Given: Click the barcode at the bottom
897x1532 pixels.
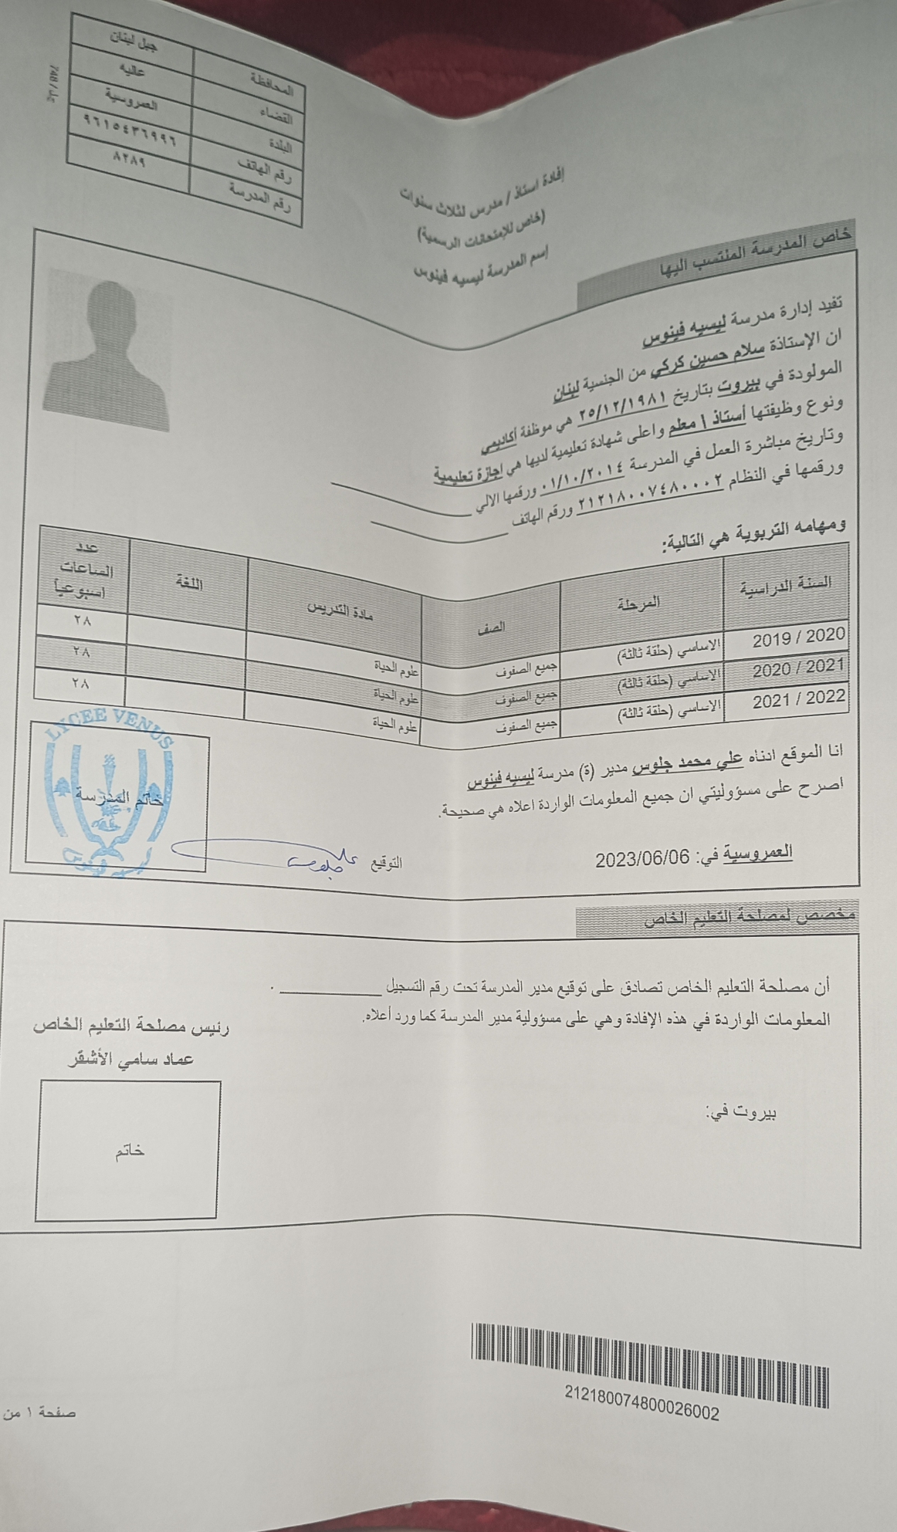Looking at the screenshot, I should [650, 1364].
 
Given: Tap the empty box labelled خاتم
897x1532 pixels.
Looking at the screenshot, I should [128, 1150].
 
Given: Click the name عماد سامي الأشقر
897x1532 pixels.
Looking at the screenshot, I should [131, 1060].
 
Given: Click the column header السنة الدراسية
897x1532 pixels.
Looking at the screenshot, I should [786, 587].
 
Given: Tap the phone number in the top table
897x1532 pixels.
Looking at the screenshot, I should [129, 131].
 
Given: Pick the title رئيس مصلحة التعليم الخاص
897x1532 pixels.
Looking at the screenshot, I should [131, 1026].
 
